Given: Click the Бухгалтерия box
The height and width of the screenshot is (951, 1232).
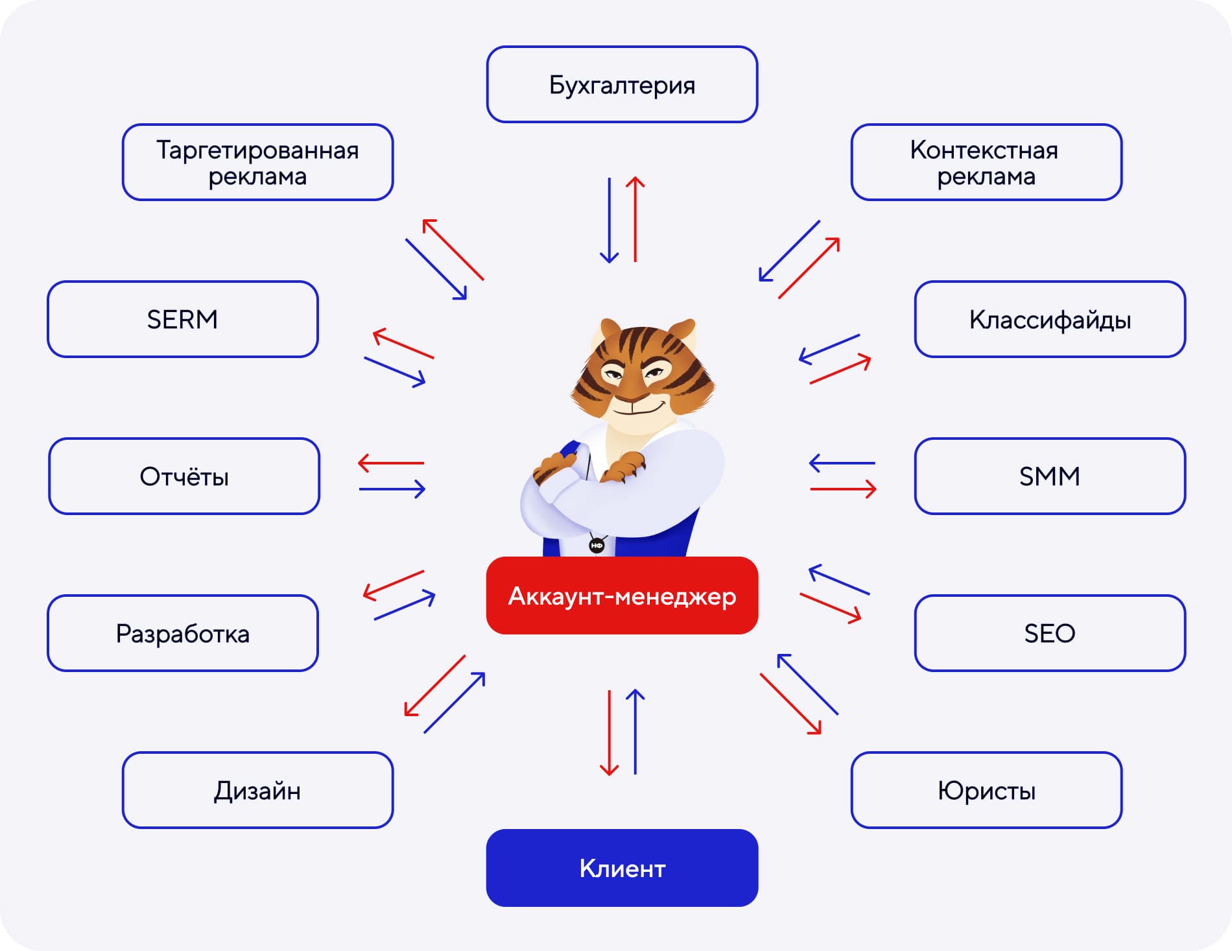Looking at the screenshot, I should point(622,84).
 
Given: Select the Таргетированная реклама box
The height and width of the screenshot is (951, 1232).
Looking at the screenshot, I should point(257,162).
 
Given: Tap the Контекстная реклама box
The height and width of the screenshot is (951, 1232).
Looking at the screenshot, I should point(986,162).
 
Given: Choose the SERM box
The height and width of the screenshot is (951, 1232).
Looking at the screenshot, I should point(182,319).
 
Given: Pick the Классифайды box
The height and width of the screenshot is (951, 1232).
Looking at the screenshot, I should point(1049,319).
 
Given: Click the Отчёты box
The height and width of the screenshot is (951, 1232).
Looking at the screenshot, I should point(184,476).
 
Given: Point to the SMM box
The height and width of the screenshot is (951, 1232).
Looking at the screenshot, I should point(1049,476).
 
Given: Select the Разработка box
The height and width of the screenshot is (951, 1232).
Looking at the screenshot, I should point(182,633).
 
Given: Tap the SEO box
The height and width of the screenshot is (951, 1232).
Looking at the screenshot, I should point(1049,633).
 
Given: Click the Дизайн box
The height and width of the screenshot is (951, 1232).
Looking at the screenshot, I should point(257,790).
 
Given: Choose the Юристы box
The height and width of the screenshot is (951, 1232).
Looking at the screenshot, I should point(986,790).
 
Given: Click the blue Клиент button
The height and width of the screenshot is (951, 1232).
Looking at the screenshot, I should point(622,867).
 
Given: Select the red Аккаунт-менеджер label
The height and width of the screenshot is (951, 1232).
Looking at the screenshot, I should point(622,596).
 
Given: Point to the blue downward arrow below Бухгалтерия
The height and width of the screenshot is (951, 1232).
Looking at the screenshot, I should point(609,221).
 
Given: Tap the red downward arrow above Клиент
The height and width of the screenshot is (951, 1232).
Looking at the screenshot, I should point(609,733).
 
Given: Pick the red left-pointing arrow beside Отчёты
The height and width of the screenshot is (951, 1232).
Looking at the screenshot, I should point(391,463).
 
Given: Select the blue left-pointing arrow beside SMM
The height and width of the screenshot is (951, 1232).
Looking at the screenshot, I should point(842,463).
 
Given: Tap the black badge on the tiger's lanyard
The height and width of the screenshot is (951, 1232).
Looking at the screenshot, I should point(597,546).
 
